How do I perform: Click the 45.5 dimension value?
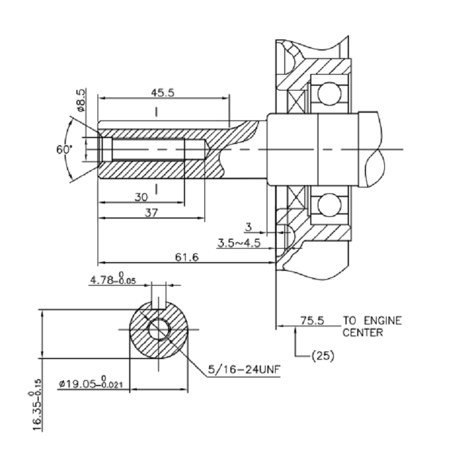click(163, 93)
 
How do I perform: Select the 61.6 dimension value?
click(187, 257)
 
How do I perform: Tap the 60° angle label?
click(64, 149)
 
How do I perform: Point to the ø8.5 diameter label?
click(81, 100)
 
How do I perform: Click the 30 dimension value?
click(141, 197)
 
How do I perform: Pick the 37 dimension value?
click(152, 213)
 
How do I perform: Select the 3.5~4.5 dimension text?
click(239, 243)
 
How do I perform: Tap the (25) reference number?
click(323, 356)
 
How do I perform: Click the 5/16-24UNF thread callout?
click(244, 369)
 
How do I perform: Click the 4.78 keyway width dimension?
click(113, 279)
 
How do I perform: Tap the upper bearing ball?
click(329, 93)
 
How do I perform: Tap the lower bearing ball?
click(329, 205)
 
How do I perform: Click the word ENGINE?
click(383, 321)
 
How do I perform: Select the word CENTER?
click(362, 333)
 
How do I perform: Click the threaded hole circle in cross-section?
click(159, 329)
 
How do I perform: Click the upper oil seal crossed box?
click(296, 101)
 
